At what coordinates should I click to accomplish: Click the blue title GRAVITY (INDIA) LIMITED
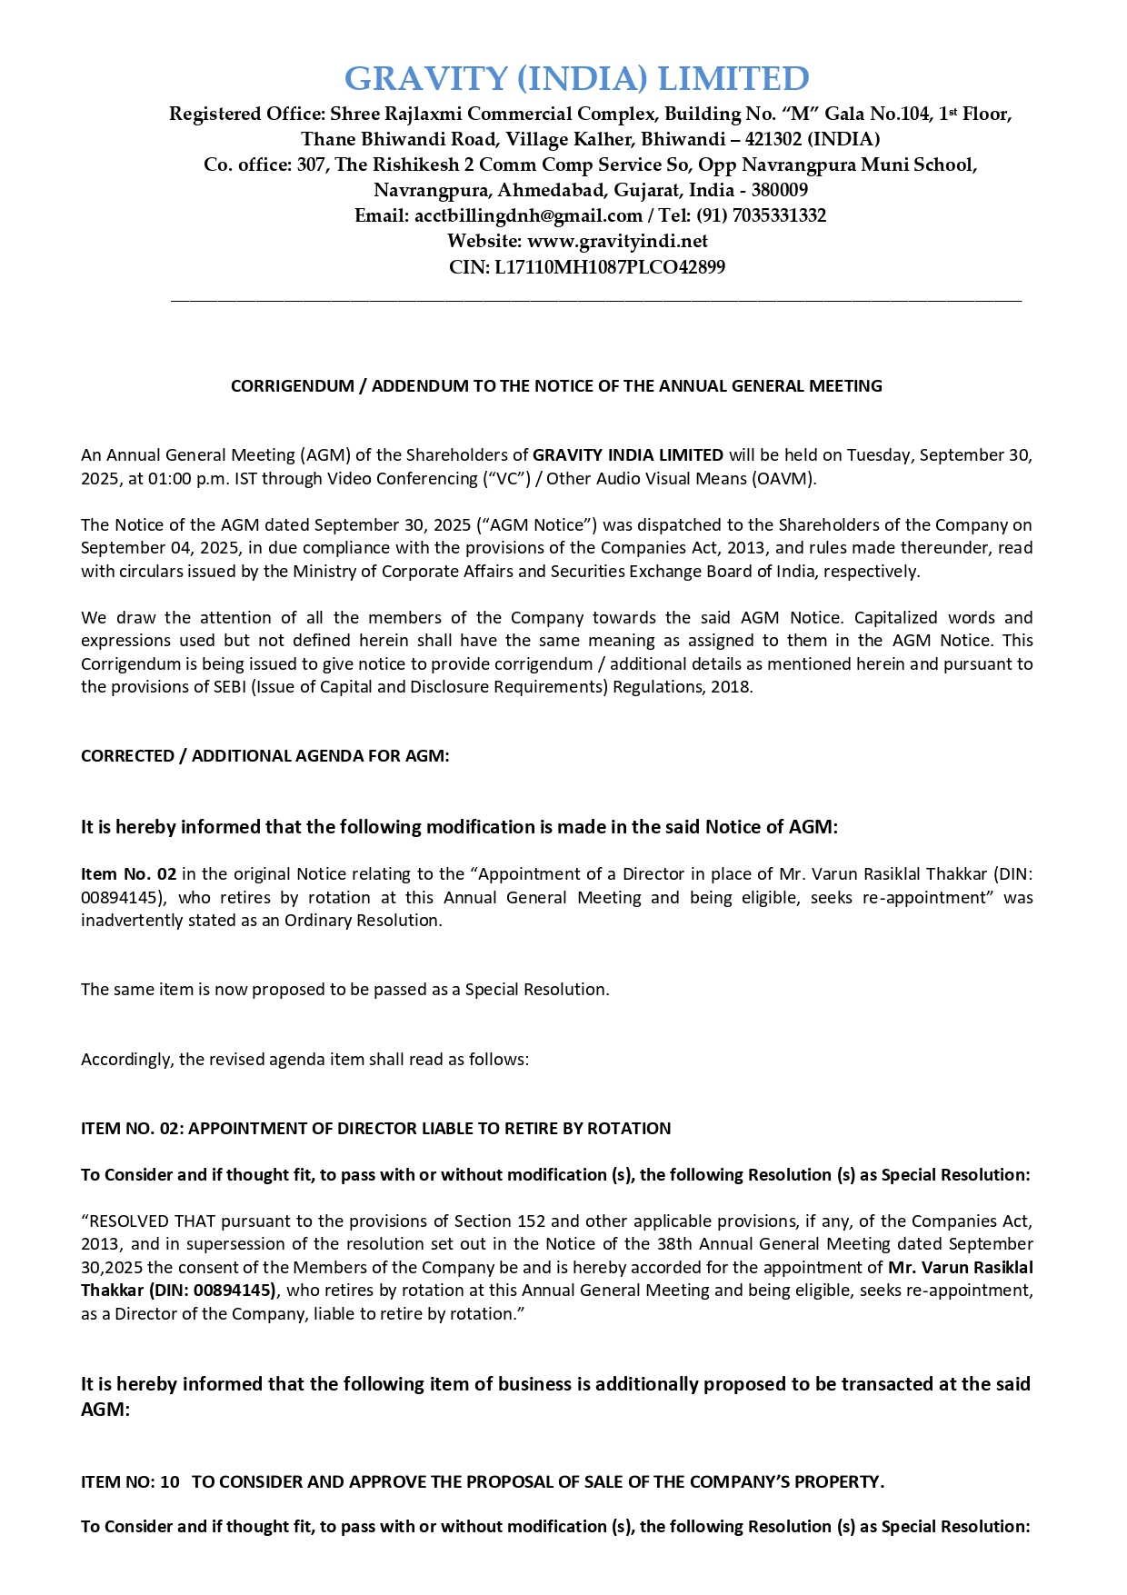(576, 79)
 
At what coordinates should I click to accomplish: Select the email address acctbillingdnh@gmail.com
(528, 216)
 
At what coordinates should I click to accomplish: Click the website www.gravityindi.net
(617, 242)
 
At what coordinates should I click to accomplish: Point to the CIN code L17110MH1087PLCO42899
(610, 267)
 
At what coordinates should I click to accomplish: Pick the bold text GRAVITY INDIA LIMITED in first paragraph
(628, 455)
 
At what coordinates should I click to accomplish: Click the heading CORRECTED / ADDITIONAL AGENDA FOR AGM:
(264, 756)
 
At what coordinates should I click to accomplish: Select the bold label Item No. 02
(128, 874)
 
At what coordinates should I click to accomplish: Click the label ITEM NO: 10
(130, 1482)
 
